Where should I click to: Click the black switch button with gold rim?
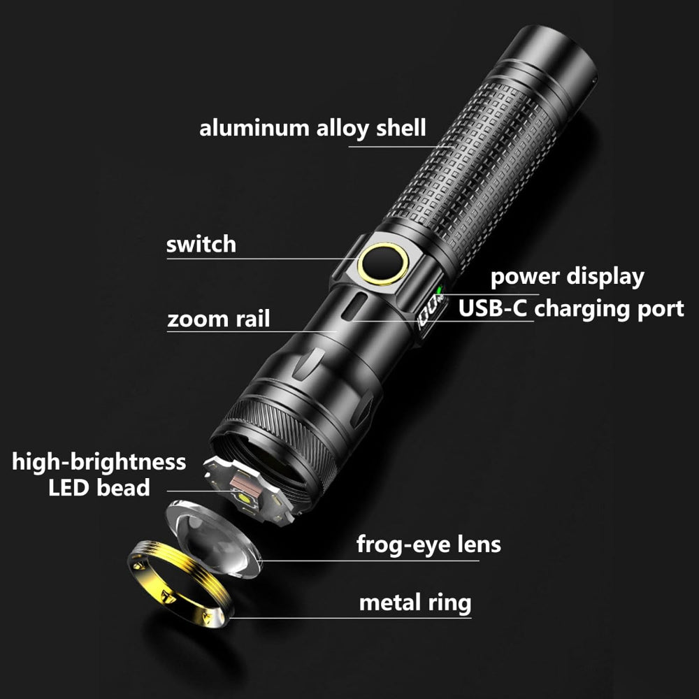382,264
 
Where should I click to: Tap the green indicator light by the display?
439,291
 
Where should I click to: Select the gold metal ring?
180,584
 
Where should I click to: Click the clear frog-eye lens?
213,540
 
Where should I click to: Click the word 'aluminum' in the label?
254,129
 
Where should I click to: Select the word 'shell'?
401,128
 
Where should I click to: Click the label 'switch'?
201,244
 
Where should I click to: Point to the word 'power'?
525,278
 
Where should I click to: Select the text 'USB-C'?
492,308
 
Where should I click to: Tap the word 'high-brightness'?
99,462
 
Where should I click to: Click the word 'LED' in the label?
69,488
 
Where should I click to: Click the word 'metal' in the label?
389,603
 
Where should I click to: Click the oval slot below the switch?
354,306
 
